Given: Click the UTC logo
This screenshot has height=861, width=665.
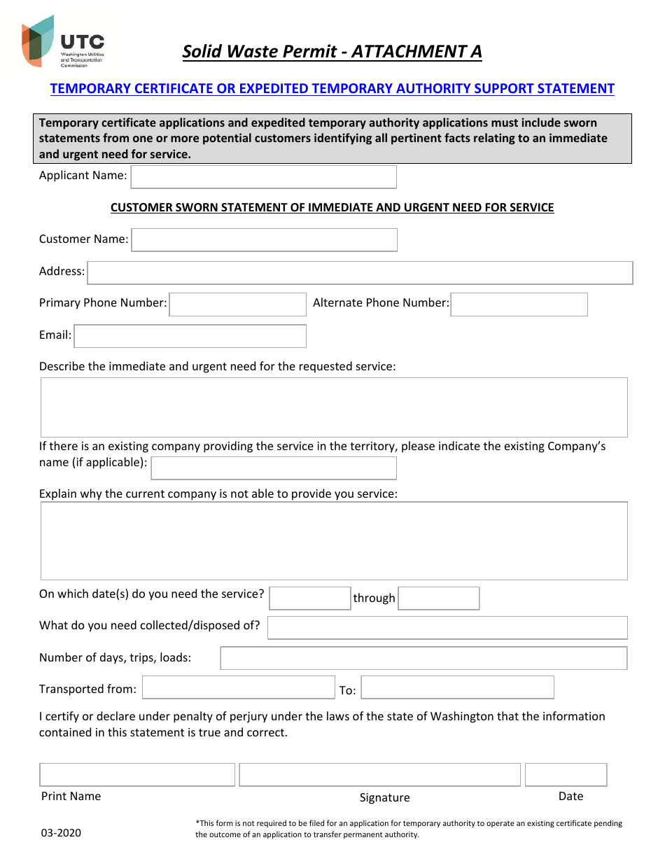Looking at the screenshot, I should coord(63,42).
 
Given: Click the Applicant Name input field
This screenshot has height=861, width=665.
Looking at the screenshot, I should coord(263,177).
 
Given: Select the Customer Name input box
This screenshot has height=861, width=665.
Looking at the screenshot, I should coord(264,240).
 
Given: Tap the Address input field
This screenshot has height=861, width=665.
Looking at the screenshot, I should coord(360,273).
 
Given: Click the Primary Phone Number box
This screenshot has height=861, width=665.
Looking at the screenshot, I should coord(237,304).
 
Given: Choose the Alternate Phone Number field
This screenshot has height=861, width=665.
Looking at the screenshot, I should coord(519,304).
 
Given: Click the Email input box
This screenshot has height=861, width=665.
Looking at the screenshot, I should coord(190,336).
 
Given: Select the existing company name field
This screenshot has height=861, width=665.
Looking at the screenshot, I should coord(274,468).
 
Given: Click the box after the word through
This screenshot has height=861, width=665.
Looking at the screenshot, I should coord(438,598).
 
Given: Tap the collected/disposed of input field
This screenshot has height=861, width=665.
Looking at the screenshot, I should coord(447,628).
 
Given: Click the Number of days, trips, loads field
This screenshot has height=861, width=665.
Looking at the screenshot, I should coord(423,659).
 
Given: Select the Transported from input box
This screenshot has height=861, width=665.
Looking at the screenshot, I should coord(239,687).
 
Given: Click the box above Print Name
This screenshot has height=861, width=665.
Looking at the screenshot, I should coord(137,775).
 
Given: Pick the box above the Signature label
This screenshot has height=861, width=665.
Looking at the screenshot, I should coord(379,775).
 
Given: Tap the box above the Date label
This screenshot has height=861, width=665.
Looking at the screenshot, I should coord(566,775).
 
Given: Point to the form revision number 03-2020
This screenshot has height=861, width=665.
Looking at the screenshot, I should coord(61,833).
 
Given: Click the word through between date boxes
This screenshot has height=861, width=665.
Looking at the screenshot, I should coord(374,598).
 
